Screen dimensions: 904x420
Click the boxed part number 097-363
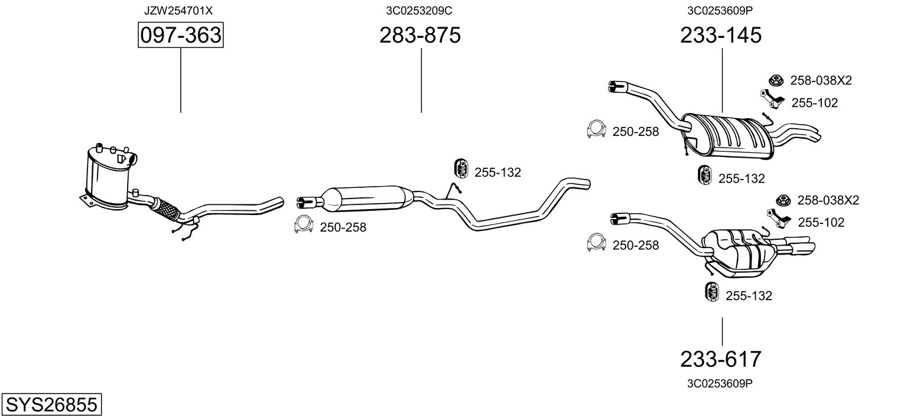(180, 35)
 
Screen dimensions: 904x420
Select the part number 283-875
(420, 35)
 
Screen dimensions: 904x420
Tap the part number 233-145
(721, 35)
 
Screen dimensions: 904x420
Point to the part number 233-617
(721, 359)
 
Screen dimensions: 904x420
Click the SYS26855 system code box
(51, 405)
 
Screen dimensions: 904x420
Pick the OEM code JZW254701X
(178, 11)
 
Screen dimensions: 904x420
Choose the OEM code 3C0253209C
(420, 11)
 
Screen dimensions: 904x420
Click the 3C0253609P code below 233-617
(720, 383)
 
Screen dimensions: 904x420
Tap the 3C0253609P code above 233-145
(720, 11)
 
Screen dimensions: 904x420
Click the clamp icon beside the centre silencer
(304, 225)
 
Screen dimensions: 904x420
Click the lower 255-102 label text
(821, 223)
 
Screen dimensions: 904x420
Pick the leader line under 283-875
(421, 80)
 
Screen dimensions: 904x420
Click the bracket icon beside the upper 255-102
(772, 99)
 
